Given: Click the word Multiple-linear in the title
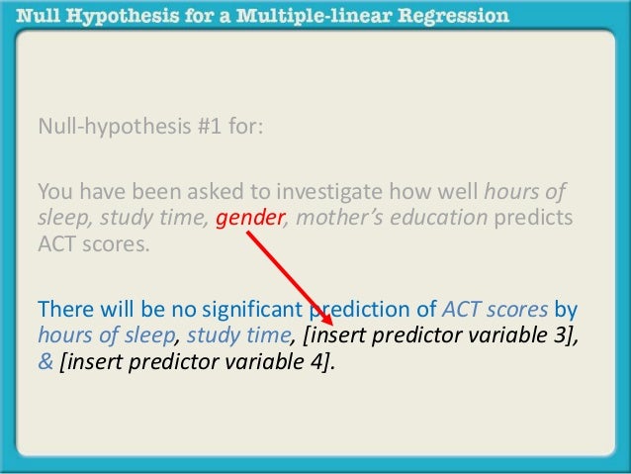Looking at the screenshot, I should pos(303,16).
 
